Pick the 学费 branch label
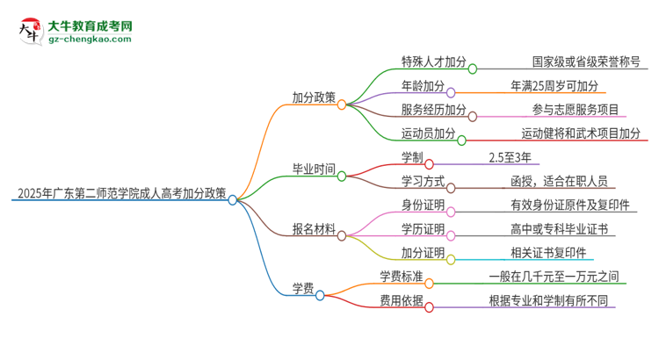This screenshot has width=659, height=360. (x=303, y=289)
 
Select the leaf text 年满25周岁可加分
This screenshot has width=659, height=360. (x=554, y=86)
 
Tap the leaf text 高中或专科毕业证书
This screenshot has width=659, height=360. (x=560, y=230)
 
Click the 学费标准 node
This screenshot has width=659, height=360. (x=402, y=277)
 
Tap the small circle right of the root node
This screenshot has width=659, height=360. (x=233, y=200)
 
